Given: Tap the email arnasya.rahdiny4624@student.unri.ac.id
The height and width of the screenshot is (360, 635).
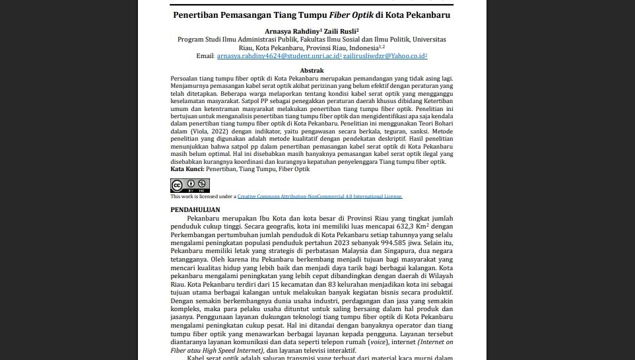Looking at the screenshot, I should pyautogui.click(x=279, y=56).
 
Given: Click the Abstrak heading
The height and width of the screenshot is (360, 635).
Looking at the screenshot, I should pyautogui.click(x=312, y=70).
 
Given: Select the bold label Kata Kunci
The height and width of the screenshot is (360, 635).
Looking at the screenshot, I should pyautogui.click(x=187, y=169).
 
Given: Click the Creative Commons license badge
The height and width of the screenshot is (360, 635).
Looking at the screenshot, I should pyautogui.click(x=190, y=185).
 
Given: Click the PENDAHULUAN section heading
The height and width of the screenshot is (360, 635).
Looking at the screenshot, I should pyautogui.click(x=195, y=209).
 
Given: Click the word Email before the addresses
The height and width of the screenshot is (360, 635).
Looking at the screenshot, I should pyautogui.click(x=205, y=56).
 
